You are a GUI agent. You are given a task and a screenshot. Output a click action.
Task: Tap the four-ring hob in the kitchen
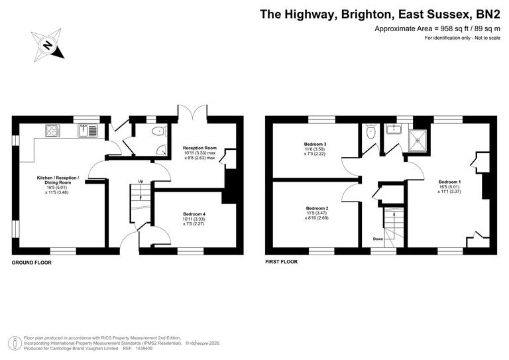tap(52, 129)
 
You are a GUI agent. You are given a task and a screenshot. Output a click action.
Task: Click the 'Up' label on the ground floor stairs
tap(141, 181)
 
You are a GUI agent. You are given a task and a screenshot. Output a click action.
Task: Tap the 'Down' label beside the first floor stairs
tap(377, 239)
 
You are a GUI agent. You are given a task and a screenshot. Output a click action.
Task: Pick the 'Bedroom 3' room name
tap(315, 144)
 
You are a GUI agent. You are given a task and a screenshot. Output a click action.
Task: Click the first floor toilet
tap(371, 133)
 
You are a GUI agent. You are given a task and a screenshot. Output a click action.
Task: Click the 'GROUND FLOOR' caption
tap(31, 263)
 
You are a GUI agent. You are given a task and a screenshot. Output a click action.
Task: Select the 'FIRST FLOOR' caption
tap(281, 262)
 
